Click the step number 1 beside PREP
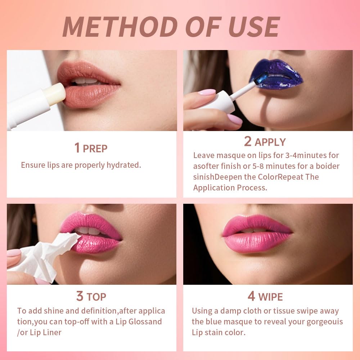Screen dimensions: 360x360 tap(77, 148)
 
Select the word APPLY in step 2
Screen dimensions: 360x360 tap(270, 142)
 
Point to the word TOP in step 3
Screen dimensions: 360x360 tap(96, 297)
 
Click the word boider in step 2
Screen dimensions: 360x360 tap(328, 166)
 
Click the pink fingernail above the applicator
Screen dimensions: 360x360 tap(207, 92)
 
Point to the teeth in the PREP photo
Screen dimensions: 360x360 tap(86, 81)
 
